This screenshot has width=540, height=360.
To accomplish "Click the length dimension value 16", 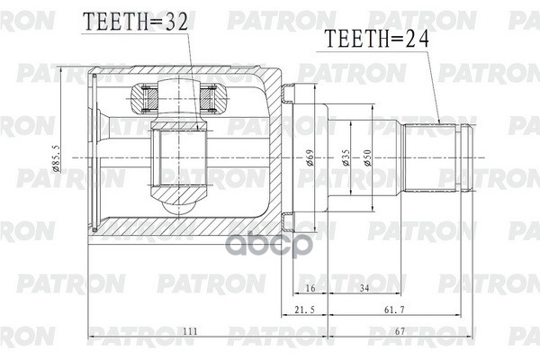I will pyautogui.click(x=309, y=287).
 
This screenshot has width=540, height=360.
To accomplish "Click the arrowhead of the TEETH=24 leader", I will pyautogui.click(x=439, y=121).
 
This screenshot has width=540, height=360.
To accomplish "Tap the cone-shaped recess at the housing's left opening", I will pyautogui.click(x=105, y=158).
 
